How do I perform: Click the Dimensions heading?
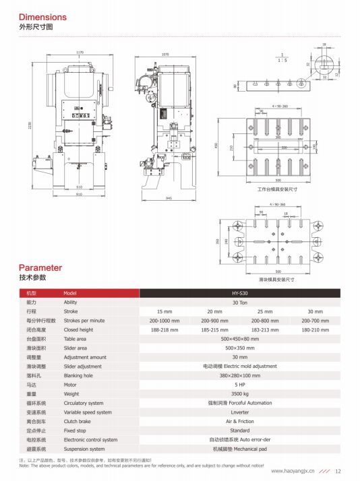click(43, 16)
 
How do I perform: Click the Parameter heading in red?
click(40, 267)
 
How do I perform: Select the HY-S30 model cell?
click(240, 294)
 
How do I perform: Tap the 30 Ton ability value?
click(240, 302)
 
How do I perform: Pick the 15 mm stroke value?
click(164, 312)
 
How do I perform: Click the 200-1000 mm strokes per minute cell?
click(164, 321)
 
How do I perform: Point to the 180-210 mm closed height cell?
click(316, 330)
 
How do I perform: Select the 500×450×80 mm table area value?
click(240, 339)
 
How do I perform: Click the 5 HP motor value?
click(240, 384)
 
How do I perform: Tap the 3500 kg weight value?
click(240, 393)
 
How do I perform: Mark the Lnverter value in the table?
click(240, 412)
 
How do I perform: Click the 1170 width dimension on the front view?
click(80, 53)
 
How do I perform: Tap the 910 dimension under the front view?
click(79, 195)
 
